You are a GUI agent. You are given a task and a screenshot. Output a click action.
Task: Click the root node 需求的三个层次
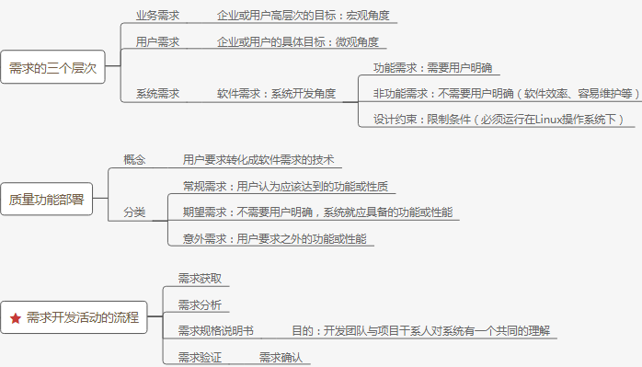(52, 67)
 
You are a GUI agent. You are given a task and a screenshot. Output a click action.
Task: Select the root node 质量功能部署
(46, 200)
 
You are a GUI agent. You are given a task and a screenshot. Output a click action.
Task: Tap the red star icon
(16, 318)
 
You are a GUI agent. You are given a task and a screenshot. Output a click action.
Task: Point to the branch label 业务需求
(157, 16)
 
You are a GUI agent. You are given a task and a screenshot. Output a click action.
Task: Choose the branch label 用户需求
(157, 42)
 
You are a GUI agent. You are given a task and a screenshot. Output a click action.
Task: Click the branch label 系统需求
(157, 94)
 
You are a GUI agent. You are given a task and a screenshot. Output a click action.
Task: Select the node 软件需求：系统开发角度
(276, 94)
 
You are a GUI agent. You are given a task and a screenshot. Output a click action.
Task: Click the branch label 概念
(134, 160)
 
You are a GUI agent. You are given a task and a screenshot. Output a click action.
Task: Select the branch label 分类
(134, 212)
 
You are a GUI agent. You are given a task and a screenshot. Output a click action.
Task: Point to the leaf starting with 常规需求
(286, 187)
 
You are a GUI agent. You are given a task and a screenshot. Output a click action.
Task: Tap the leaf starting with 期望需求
(317, 212)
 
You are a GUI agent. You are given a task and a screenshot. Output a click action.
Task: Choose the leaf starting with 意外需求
(274, 239)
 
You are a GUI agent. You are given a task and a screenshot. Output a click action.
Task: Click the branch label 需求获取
(200, 279)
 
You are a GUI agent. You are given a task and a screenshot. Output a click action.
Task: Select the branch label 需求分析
(200, 304)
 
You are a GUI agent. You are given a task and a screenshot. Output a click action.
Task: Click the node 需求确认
(281, 357)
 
